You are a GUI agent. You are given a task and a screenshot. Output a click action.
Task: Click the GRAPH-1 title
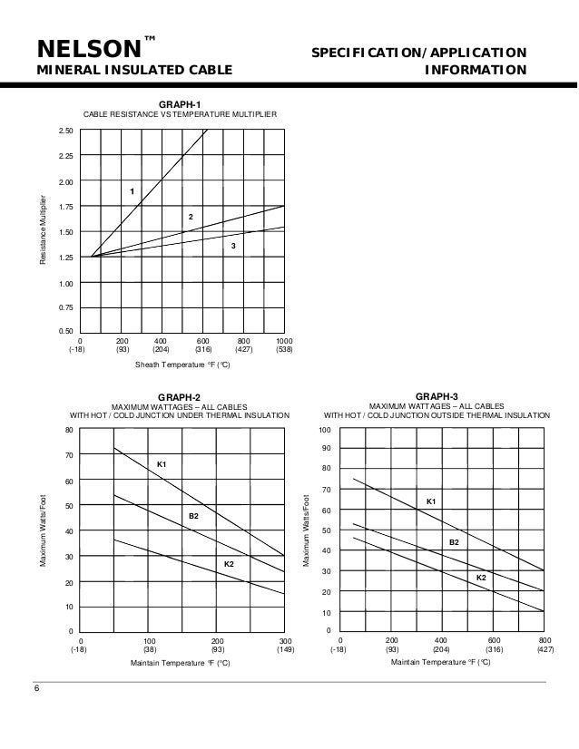(180, 104)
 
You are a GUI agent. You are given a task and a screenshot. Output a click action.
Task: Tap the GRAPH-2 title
(180, 397)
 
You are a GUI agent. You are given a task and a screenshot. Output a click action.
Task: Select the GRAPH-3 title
(437, 397)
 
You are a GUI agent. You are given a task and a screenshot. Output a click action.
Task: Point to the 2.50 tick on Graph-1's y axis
(64, 131)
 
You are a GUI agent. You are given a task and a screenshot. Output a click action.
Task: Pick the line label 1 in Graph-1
(132, 191)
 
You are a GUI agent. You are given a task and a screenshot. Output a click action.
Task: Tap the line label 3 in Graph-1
(233, 246)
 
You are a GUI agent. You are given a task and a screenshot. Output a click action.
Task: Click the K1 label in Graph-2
(162, 464)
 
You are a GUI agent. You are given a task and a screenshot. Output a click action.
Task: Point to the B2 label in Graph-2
(193, 515)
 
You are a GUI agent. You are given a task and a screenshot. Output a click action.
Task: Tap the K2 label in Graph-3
(482, 577)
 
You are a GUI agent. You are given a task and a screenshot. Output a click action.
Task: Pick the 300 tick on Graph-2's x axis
(284, 640)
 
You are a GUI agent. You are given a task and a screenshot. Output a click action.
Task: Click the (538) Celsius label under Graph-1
(284, 349)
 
